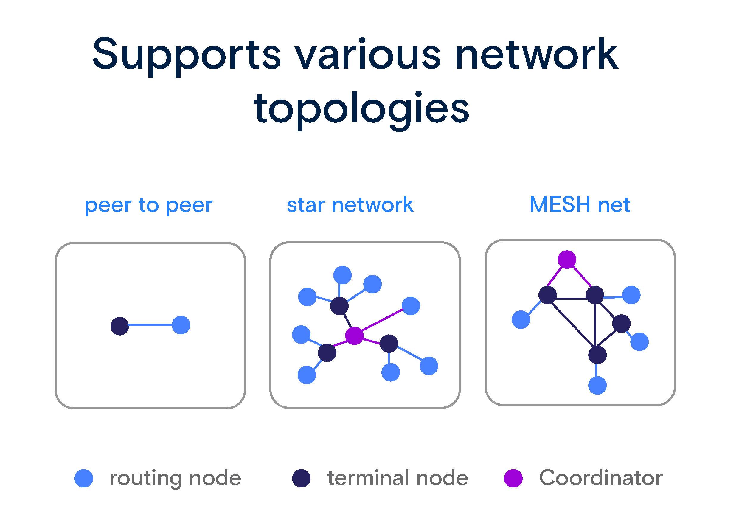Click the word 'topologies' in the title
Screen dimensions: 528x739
coord(361,109)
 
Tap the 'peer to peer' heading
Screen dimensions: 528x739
coord(149,205)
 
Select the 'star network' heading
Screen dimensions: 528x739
coord(350,205)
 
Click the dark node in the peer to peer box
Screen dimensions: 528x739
coord(120,326)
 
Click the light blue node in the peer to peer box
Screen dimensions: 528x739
coord(181,325)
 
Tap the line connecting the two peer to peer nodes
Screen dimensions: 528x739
coord(150,325)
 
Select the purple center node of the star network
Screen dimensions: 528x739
coord(354,336)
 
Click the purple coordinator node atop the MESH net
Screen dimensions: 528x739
coord(567,260)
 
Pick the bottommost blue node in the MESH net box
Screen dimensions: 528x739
coord(597,385)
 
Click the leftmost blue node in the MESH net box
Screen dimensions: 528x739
coord(521,320)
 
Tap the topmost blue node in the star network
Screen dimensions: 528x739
coord(342,275)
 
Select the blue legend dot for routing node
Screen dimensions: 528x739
coord(83,478)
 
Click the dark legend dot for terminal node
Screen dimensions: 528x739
coord(301,478)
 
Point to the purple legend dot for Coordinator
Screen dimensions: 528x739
coord(513,478)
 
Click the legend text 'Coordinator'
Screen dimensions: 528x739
coord(600,478)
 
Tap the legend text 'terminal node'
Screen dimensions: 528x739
coord(397,478)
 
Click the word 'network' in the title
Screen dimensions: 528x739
coord(536,54)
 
